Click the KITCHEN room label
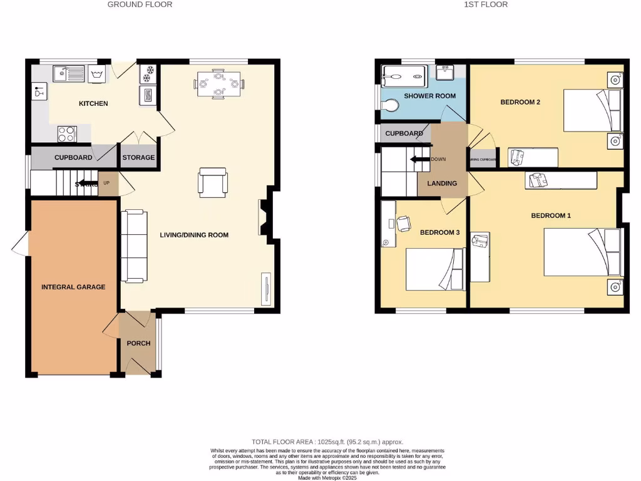point(93,103)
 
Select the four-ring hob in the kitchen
point(67,133)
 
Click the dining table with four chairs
point(218,83)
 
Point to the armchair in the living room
point(213,182)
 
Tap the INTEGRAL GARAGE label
point(73,287)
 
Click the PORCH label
point(138,343)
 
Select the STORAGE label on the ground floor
point(138,157)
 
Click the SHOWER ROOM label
point(429,96)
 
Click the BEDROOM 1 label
point(551,215)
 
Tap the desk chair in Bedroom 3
point(403,222)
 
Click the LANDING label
point(442,184)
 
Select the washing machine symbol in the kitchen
point(97,73)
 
